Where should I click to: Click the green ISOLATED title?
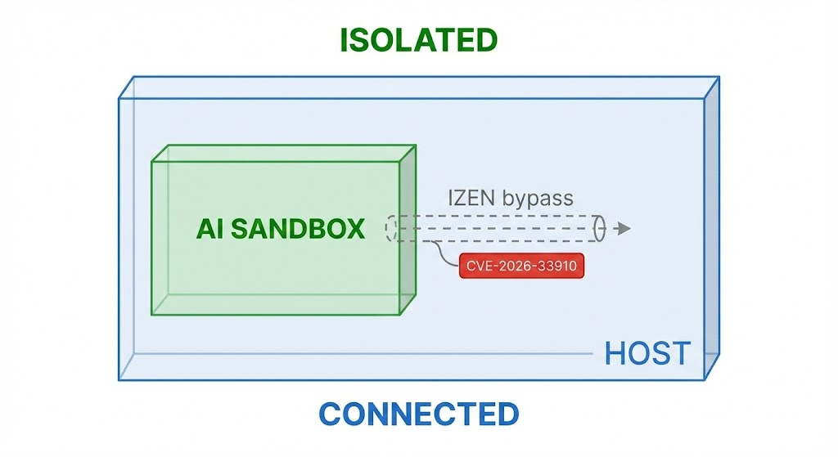point(419,39)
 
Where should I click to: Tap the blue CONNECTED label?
point(418,414)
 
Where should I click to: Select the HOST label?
point(647,354)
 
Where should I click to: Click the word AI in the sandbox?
point(209,229)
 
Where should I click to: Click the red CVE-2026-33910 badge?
point(523,267)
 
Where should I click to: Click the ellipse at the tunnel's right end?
point(599,228)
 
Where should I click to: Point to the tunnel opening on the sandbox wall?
point(391,228)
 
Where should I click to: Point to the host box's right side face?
point(711,229)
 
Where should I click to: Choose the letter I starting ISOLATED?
point(345,39)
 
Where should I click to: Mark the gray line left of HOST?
point(368,353)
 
